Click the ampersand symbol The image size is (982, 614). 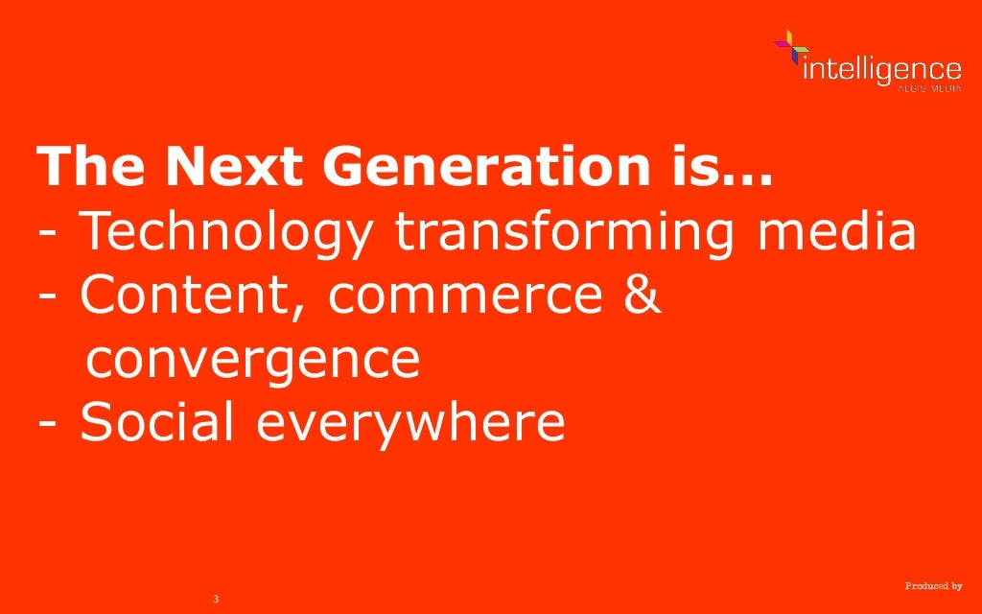(x=640, y=296)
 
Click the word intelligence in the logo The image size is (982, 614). (x=880, y=69)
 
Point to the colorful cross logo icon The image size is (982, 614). (x=791, y=47)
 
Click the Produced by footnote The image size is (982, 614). (x=933, y=585)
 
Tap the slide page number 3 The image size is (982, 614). (x=216, y=599)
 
